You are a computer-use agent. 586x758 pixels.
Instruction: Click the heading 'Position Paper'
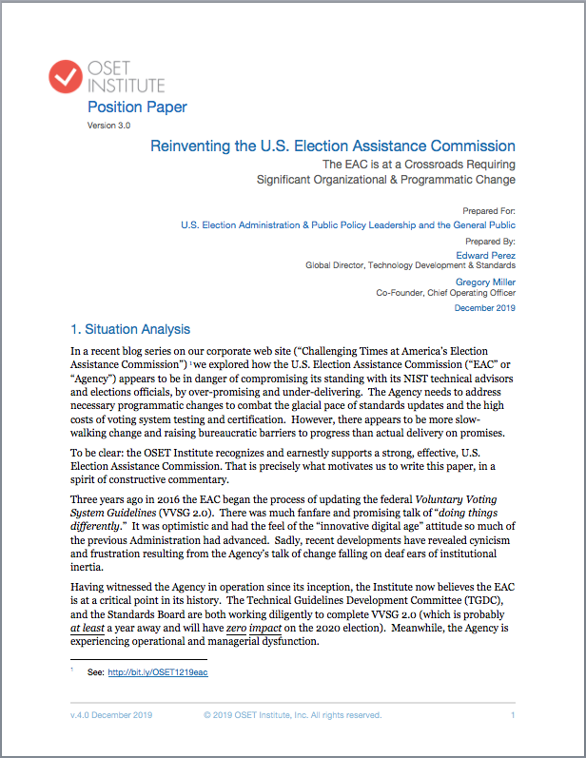click(137, 107)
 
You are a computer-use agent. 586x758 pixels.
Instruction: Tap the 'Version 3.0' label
click(108, 125)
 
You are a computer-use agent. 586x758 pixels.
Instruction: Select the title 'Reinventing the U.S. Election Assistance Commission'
click(333, 146)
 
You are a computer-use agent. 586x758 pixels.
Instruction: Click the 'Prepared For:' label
click(489, 210)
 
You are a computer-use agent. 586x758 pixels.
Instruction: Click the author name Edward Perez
click(488, 254)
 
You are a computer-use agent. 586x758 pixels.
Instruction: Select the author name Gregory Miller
click(485, 282)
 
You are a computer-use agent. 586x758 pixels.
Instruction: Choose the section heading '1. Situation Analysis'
click(131, 330)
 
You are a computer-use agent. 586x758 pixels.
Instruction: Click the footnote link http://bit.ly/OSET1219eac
click(158, 672)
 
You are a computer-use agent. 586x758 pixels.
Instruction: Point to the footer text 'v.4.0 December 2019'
click(109, 715)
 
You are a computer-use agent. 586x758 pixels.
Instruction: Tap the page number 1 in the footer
click(513, 715)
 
